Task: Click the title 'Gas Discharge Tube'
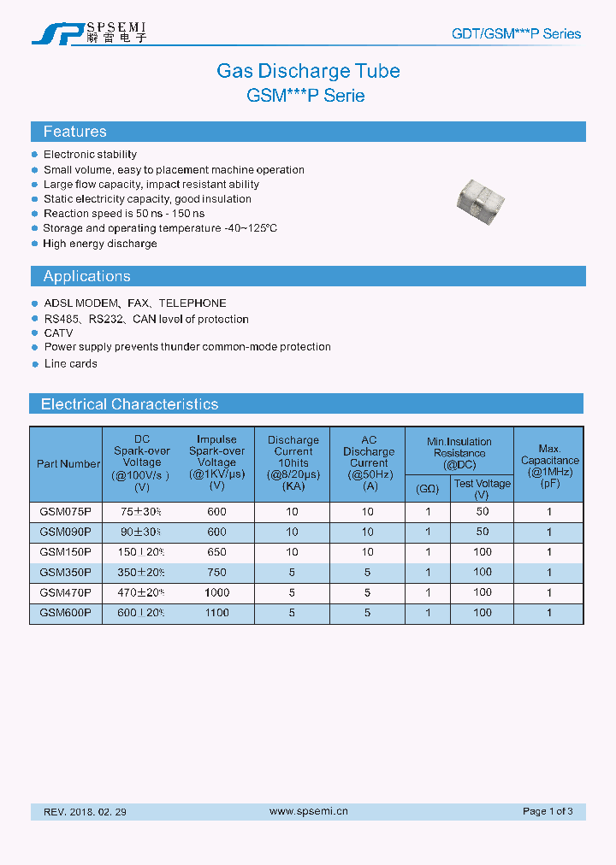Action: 308,71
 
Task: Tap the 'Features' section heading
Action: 75,132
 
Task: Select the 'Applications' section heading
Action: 86,276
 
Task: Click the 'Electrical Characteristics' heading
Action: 129,404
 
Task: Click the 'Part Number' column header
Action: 68,464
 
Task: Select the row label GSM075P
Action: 66,512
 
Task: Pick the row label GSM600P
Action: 66,613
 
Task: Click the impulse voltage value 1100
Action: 217,613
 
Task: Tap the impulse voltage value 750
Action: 217,573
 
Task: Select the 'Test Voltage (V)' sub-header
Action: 483,489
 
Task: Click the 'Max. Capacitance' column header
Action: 549,461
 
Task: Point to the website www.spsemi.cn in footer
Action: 308,811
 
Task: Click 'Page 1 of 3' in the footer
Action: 548,811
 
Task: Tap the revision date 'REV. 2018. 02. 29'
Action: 85,812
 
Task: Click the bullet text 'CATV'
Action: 58,333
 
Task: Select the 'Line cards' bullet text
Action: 70,364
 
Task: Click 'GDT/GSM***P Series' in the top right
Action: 516,34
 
